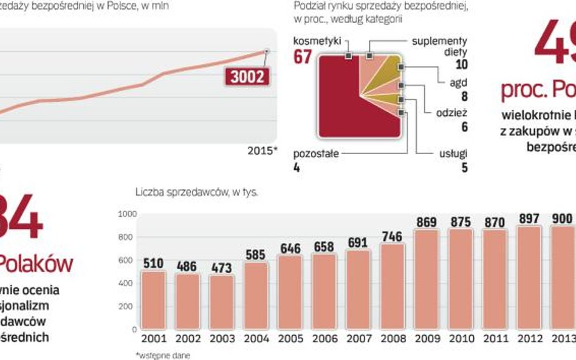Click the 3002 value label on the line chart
247,76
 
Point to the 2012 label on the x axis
529,338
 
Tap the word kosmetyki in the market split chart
316,41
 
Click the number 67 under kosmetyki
303,58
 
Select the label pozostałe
316,154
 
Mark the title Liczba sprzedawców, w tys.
197,193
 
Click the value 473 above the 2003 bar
221,268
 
